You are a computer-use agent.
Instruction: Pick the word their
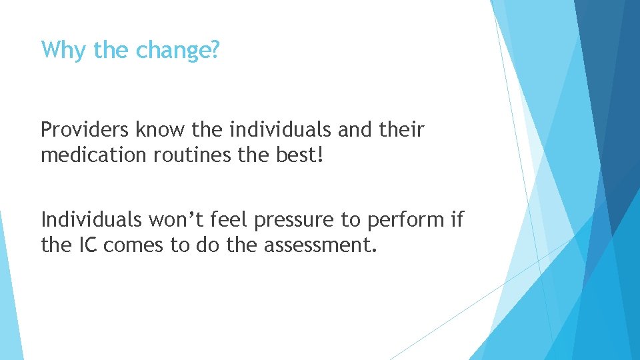[x=401, y=129]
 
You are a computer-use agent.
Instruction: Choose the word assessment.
[x=321, y=245]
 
